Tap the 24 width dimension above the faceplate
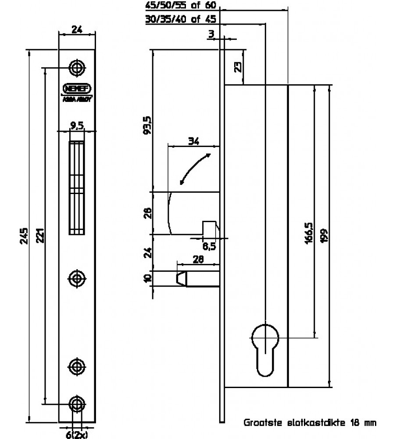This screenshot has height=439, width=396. point(77,31)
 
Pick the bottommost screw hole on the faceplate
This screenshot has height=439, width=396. point(77,403)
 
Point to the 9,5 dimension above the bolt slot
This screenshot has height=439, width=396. point(77,126)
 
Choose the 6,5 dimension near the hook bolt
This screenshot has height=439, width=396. point(210,246)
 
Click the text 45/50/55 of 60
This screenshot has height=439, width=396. point(181,6)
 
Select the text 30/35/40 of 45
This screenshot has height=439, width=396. point(181,20)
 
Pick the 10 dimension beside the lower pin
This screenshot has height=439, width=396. point(148,278)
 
